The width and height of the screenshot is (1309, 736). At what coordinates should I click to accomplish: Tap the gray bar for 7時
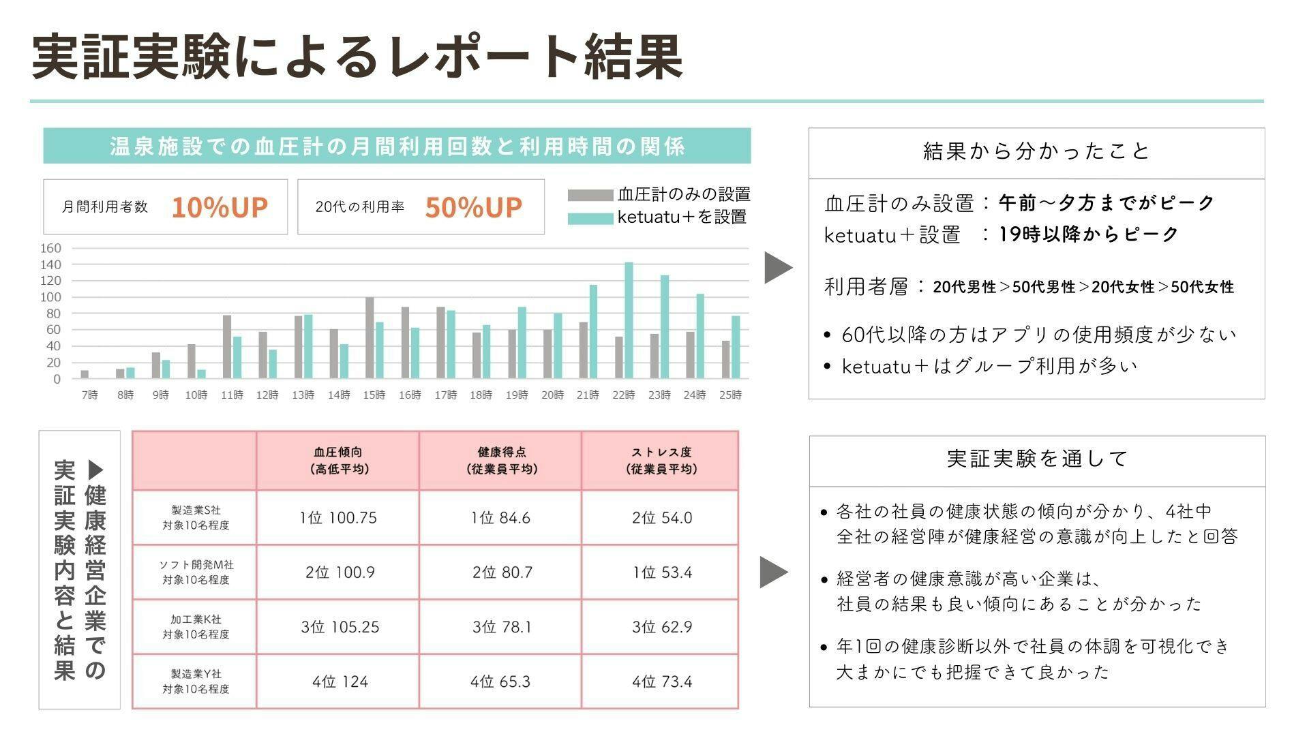click(x=85, y=374)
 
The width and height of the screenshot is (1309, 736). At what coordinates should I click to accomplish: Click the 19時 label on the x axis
click(x=517, y=395)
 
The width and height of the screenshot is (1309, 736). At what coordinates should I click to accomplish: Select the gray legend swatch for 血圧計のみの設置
click(x=590, y=196)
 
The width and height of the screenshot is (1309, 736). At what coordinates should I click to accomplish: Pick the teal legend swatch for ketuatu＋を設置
click(x=590, y=219)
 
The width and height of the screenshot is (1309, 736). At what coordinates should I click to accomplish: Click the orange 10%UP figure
click(x=220, y=207)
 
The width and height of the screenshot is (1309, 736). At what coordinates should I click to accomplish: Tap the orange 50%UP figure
click(x=473, y=207)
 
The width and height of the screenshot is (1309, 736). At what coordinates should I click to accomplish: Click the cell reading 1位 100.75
click(x=338, y=518)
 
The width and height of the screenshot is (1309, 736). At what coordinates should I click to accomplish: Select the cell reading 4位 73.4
click(x=661, y=681)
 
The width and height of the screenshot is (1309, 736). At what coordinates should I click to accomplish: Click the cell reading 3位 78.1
click(x=501, y=627)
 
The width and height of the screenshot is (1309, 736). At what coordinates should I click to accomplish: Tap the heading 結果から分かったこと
click(x=1036, y=151)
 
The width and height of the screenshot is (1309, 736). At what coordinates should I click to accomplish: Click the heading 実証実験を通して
click(x=1037, y=459)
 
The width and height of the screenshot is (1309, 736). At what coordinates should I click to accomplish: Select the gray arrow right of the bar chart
click(x=777, y=267)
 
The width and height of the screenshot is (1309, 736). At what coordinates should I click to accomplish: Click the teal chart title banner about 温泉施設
click(x=397, y=146)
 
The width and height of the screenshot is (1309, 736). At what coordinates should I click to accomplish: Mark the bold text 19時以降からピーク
click(x=1088, y=234)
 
